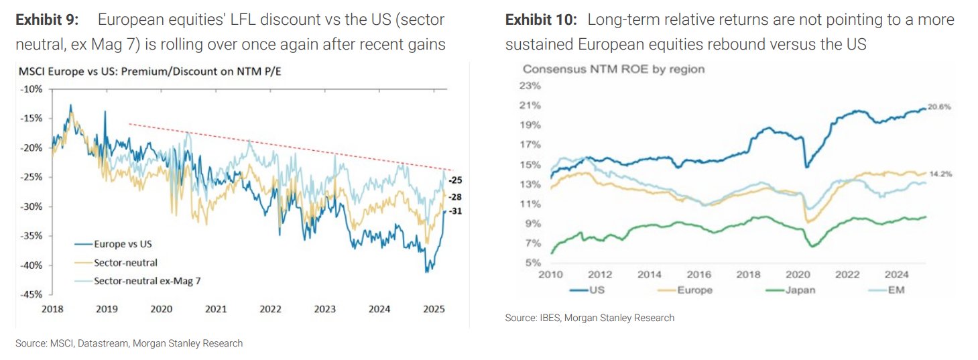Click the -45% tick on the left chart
[32, 294]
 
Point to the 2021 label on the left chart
[215, 309]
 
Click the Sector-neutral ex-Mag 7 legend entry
[147, 281]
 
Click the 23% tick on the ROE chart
[530, 85]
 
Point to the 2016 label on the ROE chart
[699, 274]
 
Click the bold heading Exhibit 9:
[48, 20]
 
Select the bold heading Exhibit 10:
[540, 20]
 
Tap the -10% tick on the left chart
[32, 89]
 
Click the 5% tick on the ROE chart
[532, 262]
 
